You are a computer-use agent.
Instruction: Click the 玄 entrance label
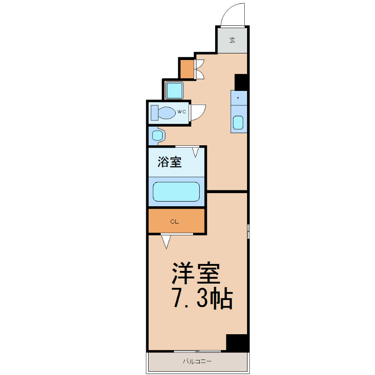[232, 40]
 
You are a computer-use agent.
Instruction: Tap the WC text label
[181, 112]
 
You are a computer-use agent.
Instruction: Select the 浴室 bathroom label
[170, 162]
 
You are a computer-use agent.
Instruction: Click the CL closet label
[174, 222]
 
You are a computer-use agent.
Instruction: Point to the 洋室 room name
[196, 273]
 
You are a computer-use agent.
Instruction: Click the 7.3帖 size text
[202, 298]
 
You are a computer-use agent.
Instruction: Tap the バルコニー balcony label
[197, 361]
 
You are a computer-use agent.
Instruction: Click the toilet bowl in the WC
[163, 113]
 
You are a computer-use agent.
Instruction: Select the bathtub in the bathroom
[176, 192]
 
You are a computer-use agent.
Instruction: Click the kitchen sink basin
[238, 122]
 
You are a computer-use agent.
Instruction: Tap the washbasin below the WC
[157, 136]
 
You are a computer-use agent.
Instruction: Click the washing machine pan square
[174, 90]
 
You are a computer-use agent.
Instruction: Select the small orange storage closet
[187, 69]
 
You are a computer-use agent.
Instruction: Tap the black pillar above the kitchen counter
[241, 82]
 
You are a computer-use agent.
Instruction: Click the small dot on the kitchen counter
[238, 97]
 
